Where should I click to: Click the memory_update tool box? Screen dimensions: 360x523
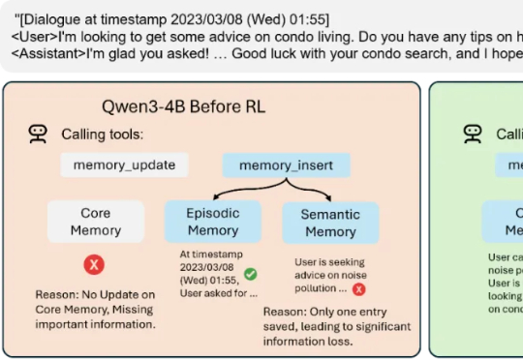[124, 165]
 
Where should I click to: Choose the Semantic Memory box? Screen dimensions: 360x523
[330, 223]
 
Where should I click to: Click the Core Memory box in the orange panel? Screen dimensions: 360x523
[96, 222]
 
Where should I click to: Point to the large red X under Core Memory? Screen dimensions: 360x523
[95, 264]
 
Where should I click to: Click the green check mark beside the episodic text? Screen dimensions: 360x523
[251, 275]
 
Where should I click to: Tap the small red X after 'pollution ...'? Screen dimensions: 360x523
[359, 288]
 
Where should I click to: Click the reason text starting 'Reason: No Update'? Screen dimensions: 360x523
[94, 309]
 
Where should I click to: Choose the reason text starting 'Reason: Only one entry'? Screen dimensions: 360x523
[333, 326]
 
